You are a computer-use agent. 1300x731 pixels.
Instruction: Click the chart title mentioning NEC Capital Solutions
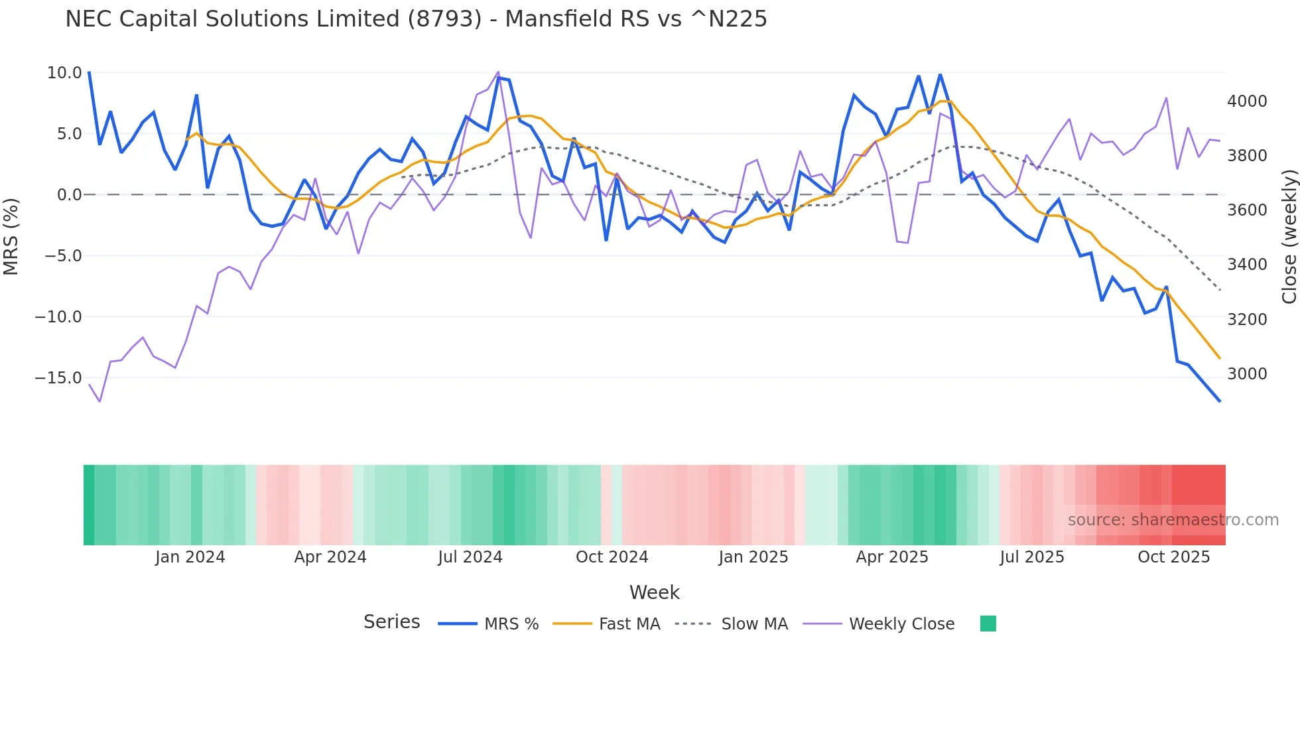click(x=416, y=19)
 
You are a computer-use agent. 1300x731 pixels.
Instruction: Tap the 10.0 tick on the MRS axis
click(x=64, y=73)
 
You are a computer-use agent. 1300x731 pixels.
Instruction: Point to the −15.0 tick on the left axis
click(x=58, y=378)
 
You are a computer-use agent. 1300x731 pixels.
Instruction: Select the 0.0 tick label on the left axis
click(x=69, y=195)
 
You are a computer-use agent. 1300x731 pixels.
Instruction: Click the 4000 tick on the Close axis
click(x=1247, y=101)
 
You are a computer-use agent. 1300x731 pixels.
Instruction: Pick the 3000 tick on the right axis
click(x=1247, y=374)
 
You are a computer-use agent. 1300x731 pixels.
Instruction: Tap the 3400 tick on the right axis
click(x=1247, y=265)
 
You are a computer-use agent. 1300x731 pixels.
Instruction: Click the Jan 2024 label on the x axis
click(x=190, y=557)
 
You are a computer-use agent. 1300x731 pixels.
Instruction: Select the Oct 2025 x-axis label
click(x=1173, y=557)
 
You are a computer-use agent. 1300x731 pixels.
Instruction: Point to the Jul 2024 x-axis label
click(x=470, y=557)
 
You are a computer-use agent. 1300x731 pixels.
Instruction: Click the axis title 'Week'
click(x=654, y=592)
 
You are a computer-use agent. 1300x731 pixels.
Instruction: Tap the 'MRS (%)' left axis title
click(x=11, y=237)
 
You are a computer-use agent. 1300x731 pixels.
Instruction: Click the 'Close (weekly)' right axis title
click(x=1289, y=237)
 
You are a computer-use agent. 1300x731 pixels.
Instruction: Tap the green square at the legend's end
click(x=988, y=624)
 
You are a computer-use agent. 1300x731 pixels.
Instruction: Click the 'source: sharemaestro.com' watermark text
click(x=1173, y=520)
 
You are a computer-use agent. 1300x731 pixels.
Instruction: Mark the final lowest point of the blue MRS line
click(x=1219, y=401)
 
